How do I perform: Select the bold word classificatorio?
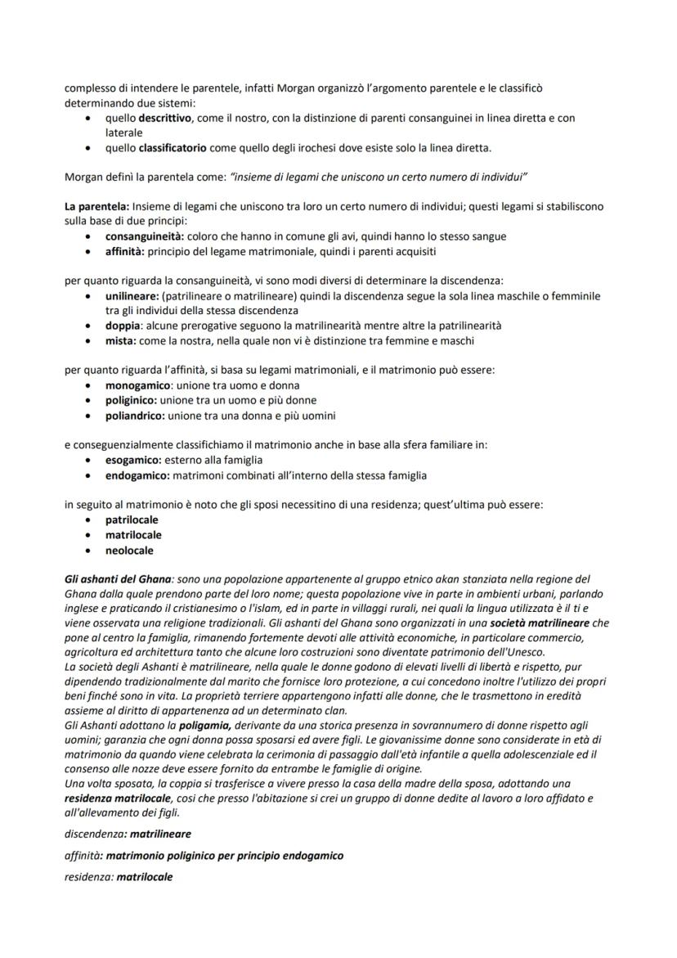(172, 148)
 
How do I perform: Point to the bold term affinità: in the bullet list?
(126, 251)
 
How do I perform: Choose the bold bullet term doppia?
(123, 326)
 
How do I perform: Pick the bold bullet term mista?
(121, 340)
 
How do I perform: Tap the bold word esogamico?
(133, 460)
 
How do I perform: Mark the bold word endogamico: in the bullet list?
(137, 475)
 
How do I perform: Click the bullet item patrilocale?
(132, 519)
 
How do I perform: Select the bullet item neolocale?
(129, 551)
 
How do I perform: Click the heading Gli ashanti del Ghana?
(118, 578)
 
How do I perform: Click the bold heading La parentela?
(96, 207)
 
